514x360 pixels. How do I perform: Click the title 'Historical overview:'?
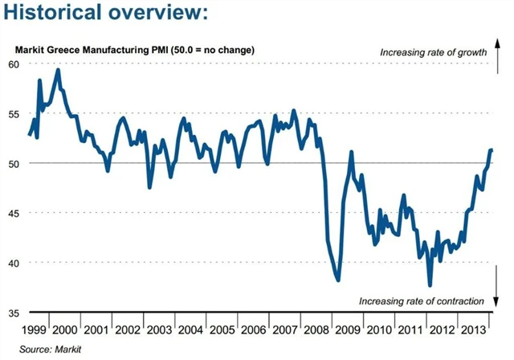click(x=105, y=15)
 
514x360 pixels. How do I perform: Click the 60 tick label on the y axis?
click(x=15, y=63)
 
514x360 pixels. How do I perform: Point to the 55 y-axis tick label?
click(x=15, y=113)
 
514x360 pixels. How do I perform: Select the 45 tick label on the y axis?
click(x=15, y=213)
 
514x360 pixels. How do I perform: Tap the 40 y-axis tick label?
click(x=15, y=263)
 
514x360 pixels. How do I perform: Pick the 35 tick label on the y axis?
click(x=15, y=313)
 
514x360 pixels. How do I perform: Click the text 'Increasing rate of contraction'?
click(x=422, y=301)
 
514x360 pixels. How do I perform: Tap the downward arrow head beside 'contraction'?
click(x=496, y=307)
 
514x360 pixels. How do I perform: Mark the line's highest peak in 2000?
click(x=58, y=70)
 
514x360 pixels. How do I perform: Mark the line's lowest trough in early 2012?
click(x=430, y=285)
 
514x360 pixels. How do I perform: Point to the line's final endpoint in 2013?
click(x=492, y=150)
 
